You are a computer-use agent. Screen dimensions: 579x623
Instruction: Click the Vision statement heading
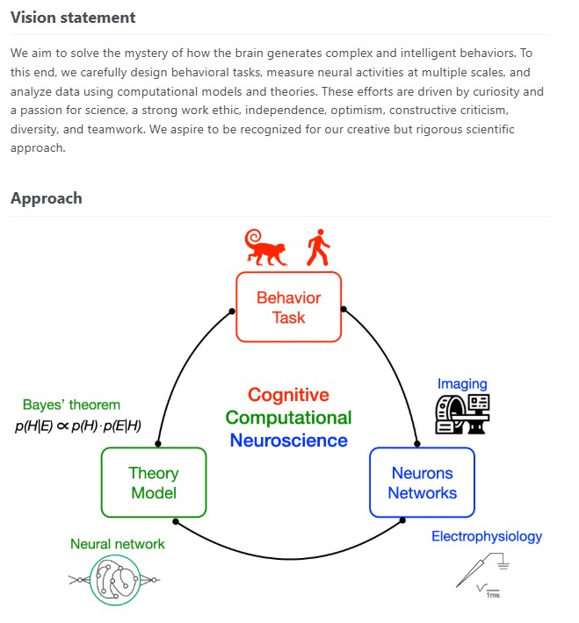(x=73, y=18)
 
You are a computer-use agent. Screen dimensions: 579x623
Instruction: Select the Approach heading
(x=47, y=198)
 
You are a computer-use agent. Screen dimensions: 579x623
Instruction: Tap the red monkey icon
(x=265, y=247)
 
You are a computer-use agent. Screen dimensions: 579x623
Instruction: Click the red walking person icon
(x=318, y=247)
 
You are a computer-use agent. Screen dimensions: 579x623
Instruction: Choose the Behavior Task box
(x=288, y=307)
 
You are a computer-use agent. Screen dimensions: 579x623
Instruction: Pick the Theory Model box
(x=154, y=483)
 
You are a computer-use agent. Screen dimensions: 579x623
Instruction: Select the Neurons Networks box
(x=423, y=483)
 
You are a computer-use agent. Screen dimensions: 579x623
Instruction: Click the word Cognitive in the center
(x=288, y=395)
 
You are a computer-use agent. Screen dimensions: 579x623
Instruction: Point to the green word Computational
(x=288, y=418)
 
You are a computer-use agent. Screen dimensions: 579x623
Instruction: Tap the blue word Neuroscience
(x=288, y=440)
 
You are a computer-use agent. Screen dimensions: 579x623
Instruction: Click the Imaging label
(x=462, y=383)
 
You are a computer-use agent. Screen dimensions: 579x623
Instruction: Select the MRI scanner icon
(x=462, y=414)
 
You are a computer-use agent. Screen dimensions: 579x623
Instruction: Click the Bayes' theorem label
(x=71, y=405)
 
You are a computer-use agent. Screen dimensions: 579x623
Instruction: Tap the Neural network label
(x=118, y=544)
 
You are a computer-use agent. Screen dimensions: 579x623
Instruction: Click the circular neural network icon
(x=114, y=581)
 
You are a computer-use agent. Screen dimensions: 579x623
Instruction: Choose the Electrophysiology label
(x=487, y=537)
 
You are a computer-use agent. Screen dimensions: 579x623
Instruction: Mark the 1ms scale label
(x=493, y=595)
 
